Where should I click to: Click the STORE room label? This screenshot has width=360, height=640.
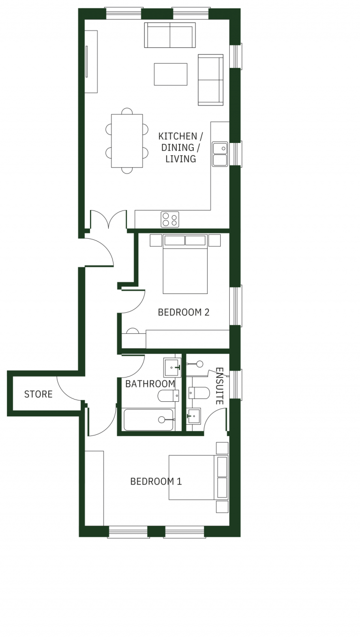pos(38,394)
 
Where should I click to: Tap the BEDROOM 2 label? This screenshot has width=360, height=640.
pos(184,312)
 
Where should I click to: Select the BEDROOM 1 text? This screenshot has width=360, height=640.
pos(156,482)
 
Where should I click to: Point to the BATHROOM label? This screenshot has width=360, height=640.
pos(150,384)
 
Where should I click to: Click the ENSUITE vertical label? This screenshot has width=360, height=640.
pos(219,386)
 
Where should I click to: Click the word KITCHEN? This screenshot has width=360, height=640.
pos(178,136)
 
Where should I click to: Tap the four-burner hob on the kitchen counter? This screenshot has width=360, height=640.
pos(170,219)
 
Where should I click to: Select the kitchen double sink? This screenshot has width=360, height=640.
pos(220,154)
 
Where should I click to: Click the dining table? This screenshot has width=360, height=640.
pos(127,141)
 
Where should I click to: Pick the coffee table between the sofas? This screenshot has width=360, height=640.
pos(171,74)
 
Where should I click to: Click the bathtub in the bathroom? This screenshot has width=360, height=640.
pos(149,420)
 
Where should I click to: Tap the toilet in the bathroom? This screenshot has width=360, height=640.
pos(169,396)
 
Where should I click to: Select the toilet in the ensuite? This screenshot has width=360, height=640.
pos(199,393)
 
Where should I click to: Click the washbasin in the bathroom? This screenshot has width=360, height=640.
pos(172,368)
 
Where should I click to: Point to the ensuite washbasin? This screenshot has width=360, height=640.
pos(194,416)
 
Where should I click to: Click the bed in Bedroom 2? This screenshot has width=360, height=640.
pos(185,264)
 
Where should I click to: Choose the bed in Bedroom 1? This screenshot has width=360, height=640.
pos(199,477)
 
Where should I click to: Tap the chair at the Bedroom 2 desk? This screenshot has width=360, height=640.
pos(133,331)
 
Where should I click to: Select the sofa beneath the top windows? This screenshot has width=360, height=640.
pos(170,35)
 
